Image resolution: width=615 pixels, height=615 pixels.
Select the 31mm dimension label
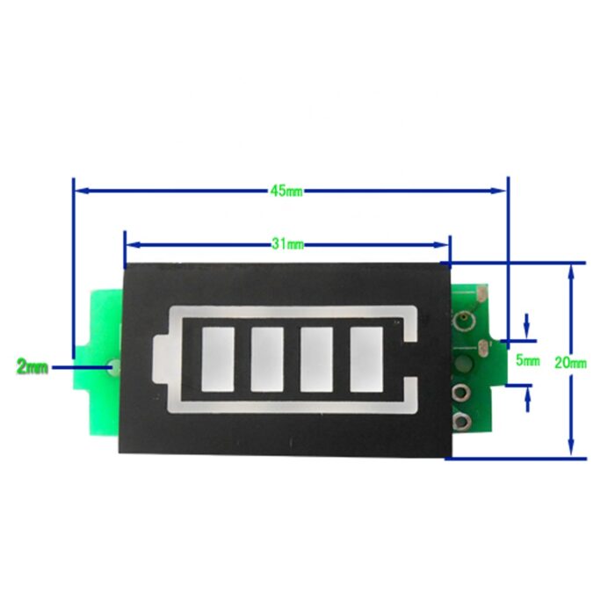pyautogui.click(x=286, y=244)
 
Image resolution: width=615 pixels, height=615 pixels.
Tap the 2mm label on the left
pyautogui.click(x=33, y=366)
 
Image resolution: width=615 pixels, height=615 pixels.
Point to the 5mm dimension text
pyautogui.click(x=527, y=360)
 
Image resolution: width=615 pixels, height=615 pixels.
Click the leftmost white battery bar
pyautogui.click(x=215, y=358)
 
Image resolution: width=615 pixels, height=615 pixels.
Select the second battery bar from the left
pyautogui.click(x=265, y=358)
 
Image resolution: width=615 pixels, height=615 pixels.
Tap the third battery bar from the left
pyautogui.click(x=315, y=358)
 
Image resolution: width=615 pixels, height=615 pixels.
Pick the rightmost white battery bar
pyautogui.click(x=365, y=358)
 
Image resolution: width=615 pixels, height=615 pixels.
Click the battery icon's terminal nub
pyautogui.click(x=158, y=359)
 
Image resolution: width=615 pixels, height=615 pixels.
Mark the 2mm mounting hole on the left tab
pyautogui.click(x=112, y=366)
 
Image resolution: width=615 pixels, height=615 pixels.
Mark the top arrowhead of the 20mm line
pyautogui.click(x=572, y=269)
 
